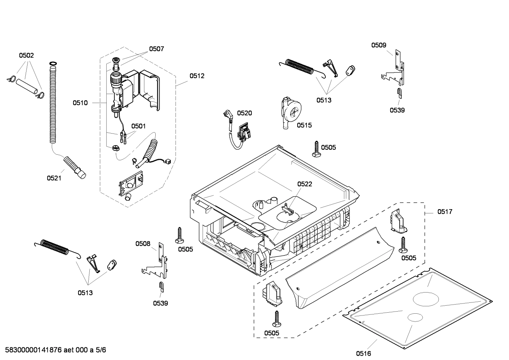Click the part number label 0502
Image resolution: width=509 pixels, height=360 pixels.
[x=26, y=55]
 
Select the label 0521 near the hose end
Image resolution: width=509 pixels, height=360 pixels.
[x=54, y=178]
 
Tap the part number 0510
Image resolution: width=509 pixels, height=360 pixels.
[x=80, y=103]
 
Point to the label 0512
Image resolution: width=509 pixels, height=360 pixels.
[x=197, y=76]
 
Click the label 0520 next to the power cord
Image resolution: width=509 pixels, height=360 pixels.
[x=244, y=113]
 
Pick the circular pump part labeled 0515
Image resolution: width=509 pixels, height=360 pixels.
[x=291, y=113]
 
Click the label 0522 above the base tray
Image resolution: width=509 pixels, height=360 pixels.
[x=304, y=184]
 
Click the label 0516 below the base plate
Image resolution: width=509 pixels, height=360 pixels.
[x=363, y=353]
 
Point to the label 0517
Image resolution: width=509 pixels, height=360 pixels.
[x=445, y=212]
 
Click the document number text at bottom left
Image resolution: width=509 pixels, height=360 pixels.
[x=55, y=350]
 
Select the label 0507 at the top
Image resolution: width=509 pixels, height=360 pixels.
[x=156, y=49]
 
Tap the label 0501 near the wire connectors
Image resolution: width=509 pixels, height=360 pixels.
[x=138, y=126]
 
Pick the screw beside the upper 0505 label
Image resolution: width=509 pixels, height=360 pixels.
[x=316, y=148]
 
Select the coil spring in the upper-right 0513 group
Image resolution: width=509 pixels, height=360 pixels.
[x=300, y=67]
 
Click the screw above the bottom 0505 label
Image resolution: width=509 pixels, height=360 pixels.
[x=276, y=318]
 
